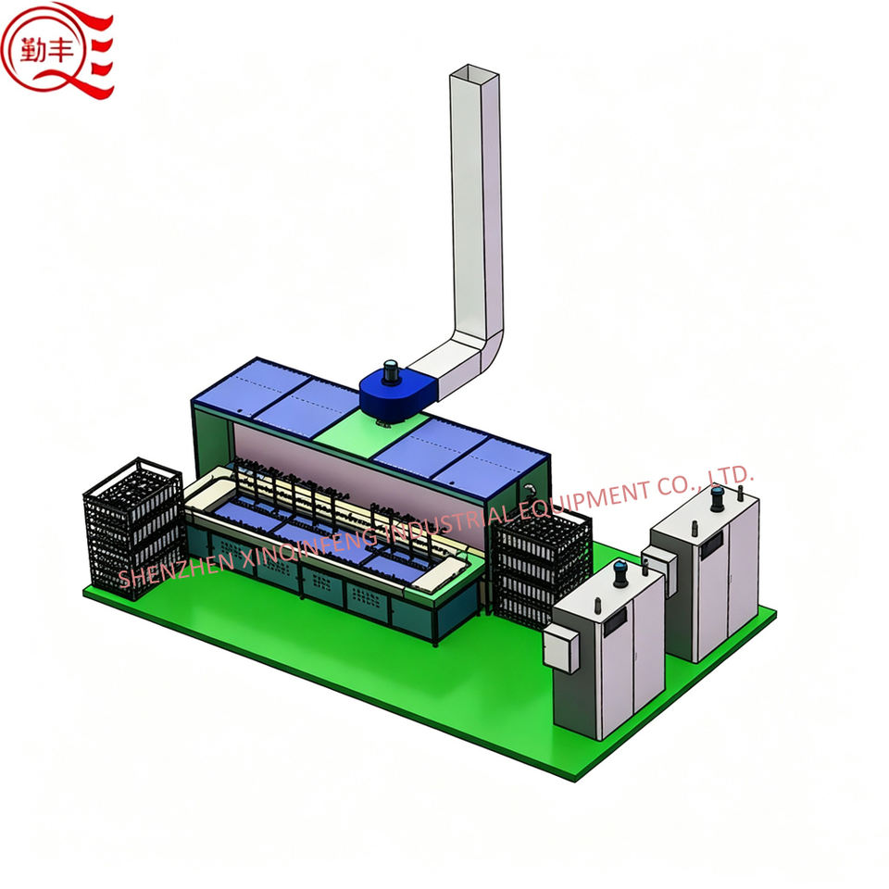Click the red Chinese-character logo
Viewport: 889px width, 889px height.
[x=56, y=51]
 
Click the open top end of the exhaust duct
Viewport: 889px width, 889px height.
[x=474, y=74]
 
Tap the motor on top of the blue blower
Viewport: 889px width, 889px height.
[x=391, y=371]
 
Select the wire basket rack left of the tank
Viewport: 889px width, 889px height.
[x=133, y=527]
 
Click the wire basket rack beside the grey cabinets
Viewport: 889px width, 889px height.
[x=540, y=567]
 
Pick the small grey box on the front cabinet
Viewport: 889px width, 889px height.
[x=561, y=646]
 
